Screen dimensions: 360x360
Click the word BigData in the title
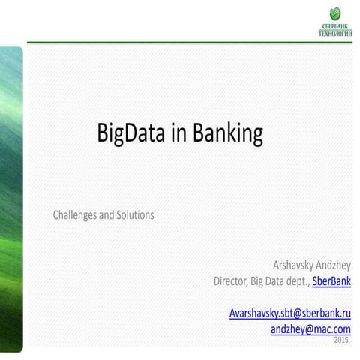pyautogui.click(x=131, y=133)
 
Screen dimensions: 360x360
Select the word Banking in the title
pyautogui.click(x=226, y=133)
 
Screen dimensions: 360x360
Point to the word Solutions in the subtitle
pyautogui.click(x=136, y=215)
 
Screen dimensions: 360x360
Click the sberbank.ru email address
pyautogui.click(x=290, y=313)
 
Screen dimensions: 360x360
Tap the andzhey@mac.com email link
pyautogui.click(x=310, y=328)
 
